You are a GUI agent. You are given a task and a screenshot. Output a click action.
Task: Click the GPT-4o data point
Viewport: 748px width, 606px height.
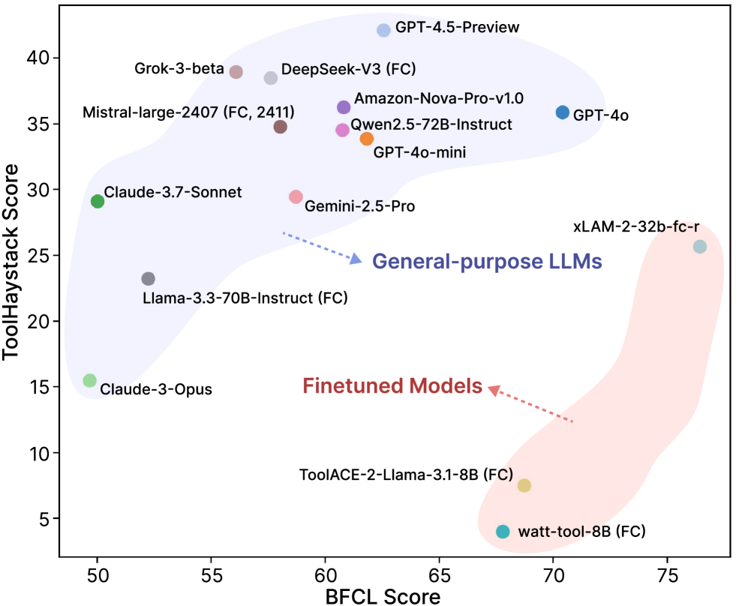pyautogui.click(x=563, y=112)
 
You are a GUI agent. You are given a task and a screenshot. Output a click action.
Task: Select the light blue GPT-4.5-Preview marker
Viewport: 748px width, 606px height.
pyautogui.click(x=383, y=30)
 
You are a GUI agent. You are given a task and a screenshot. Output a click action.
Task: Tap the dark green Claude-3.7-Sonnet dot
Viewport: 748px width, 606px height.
pyautogui.click(x=98, y=201)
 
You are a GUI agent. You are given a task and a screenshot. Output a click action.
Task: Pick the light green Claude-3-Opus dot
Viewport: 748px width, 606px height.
pyautogui.click(x=90, y=380)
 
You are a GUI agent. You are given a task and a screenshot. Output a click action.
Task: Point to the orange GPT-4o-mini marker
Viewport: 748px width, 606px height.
pyautogui.click(x=367, y=139)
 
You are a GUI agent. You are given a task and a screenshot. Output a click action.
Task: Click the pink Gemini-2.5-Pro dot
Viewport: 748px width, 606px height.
pyautogui.click(x=296, y=197)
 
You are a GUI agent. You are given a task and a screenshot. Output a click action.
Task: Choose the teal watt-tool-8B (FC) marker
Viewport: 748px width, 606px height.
pyautogui.click(x=503, y=532)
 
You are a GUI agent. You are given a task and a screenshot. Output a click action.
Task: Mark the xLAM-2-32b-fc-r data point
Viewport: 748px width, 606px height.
pyautogui.click(x=699, y=247)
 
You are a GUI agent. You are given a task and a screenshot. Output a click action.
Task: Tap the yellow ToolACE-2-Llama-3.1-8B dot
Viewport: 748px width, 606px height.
pyautogui.click(x=524, y=485)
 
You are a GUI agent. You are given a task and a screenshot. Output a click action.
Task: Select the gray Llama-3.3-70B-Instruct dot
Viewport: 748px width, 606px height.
pyautogui.click(x=149, y=279)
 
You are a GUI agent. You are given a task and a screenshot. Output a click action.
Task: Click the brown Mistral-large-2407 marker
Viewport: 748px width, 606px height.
pyautogui.click(x=281, y=127)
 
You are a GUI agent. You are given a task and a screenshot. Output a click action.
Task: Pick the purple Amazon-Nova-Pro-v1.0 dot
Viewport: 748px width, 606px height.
pyautogui.click(x=344, y=107)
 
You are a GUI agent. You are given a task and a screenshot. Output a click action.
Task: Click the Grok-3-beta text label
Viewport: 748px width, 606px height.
pyautogui.click(x=179, y=70)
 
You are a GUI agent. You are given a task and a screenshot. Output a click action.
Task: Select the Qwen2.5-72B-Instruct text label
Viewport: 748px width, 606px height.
pyautogui.click(x=431, y=124)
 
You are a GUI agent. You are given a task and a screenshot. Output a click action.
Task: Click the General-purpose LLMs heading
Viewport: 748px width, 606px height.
pyautogui.click(x=488, y=262)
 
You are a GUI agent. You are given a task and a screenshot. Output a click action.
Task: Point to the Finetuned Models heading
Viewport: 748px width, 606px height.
pyautogui.click(x=392, y=386)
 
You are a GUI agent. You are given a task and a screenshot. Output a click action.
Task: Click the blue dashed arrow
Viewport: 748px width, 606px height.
pyautogui.click(x=321, y=247)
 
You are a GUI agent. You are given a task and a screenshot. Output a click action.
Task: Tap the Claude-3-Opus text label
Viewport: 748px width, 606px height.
pyautogui.click(x=156, y=390)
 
